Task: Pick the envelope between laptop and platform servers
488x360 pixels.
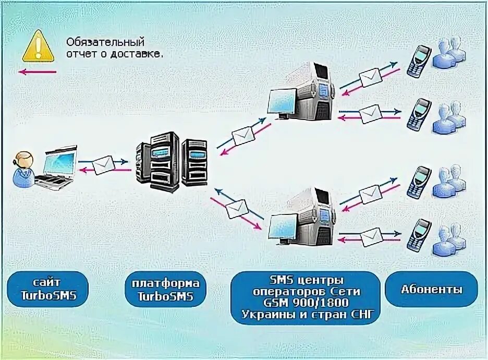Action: [x=104, y=165]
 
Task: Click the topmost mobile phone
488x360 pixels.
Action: [x=419, y=60]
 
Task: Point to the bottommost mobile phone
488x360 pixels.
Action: [x=419, y=235]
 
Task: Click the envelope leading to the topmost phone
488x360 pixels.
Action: [x=370, y=77]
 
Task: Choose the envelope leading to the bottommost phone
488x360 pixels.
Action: [x=371, y=237]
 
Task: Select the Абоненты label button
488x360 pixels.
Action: [x=431, y=289]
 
